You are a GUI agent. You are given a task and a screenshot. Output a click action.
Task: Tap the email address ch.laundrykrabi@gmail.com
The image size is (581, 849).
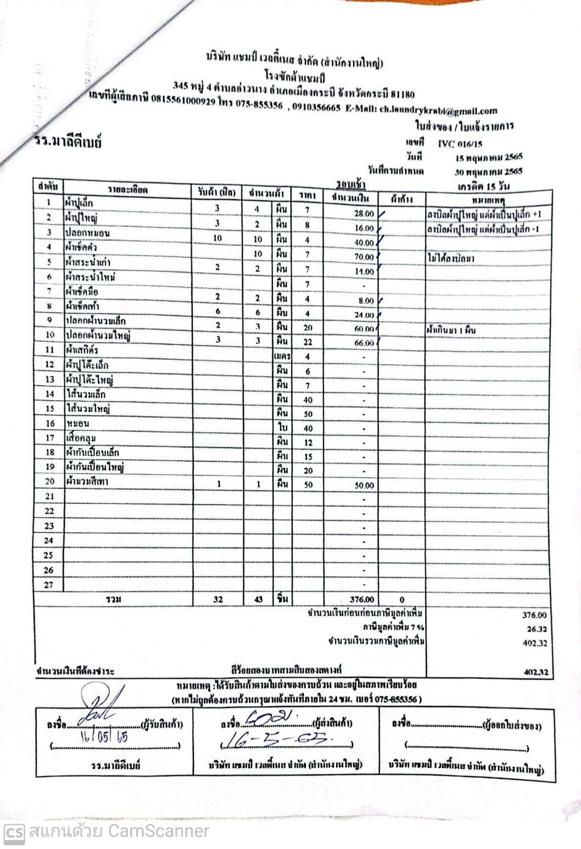tap(438, 110)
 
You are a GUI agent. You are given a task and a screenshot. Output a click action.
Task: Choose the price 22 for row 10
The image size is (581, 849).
tap(308, 342)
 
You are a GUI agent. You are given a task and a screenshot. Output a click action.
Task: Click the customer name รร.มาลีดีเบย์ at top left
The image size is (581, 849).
tap(68, 142)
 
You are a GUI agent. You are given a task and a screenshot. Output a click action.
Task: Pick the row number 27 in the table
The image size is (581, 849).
tap(49, 585)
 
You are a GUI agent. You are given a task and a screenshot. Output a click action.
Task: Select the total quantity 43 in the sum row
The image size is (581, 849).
tap(258, 599)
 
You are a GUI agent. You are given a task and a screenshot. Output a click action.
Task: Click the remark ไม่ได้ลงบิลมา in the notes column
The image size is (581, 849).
tap(450, 258)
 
